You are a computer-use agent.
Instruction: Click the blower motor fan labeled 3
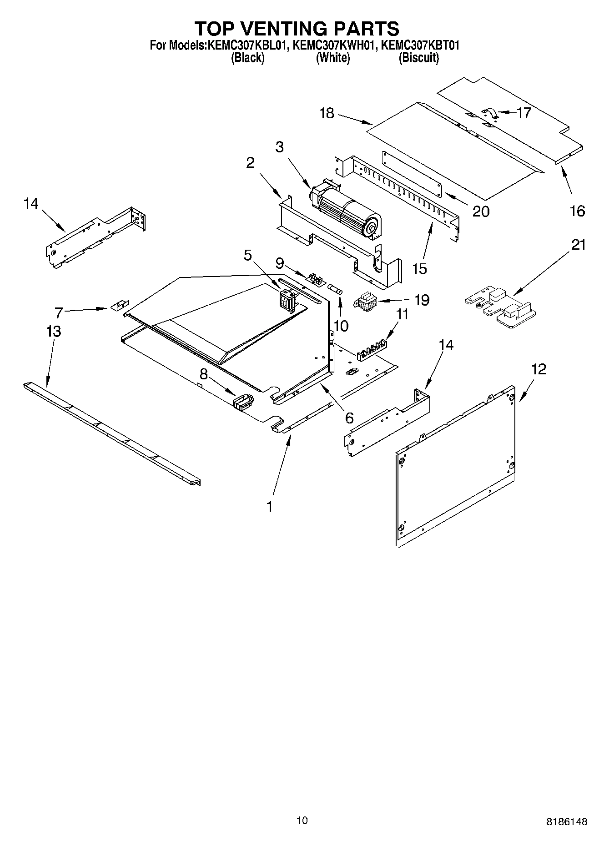[x=348, y=209]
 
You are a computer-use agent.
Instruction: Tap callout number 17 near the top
[x=524, y=112]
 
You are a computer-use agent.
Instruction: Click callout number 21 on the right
[x=578, y=245]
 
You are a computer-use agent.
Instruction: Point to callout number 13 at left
[x=54, y=331]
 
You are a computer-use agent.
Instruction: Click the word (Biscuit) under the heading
[x=418, y=58]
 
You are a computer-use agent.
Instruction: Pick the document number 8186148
[x=566, y=821]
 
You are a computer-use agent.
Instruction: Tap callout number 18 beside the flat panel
[x=327, y=113]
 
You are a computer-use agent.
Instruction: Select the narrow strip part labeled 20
[x=412, y=174]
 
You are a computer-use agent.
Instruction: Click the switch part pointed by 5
[x=287, y=301]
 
